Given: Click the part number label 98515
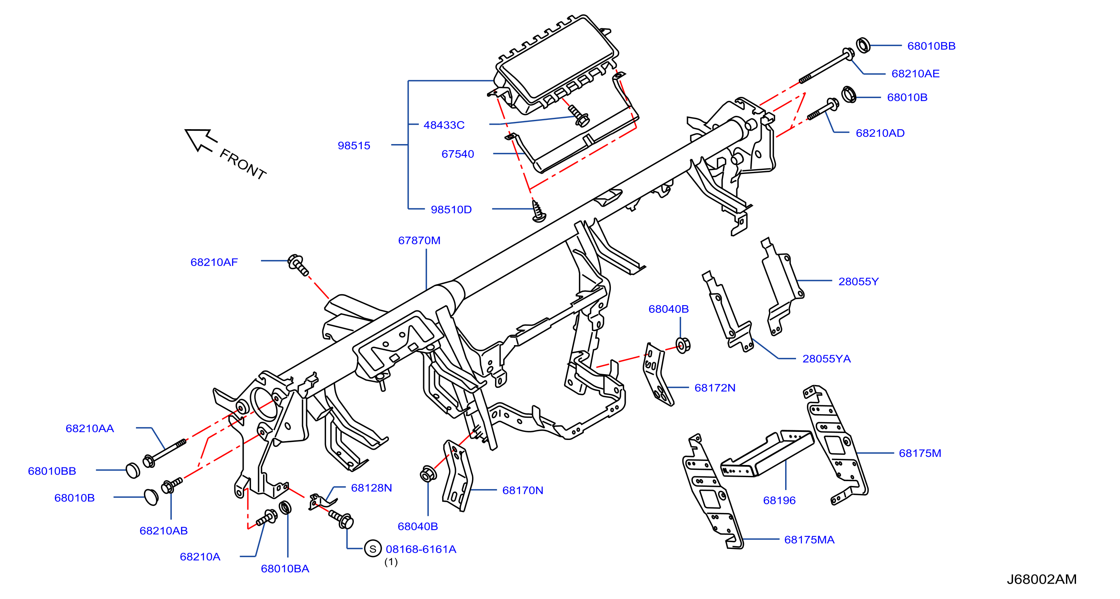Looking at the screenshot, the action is [x=354, y=145].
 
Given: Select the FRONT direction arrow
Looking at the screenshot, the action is [x=201, y=140].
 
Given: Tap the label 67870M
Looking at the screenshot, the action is [x=419, y=240].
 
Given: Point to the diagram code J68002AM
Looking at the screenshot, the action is [x=1041, y=579].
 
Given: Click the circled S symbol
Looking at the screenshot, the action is [x=373, y=549].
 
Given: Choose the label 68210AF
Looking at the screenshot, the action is [x=214, y=262].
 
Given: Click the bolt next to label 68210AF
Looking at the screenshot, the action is [x=299, y=265].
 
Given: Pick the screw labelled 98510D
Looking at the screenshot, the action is [x=538, y=211].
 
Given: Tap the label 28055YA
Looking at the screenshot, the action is [x=826, y=358].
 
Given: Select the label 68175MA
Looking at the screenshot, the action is [x=809, y=539].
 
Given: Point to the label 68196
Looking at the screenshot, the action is [x=779, y=500].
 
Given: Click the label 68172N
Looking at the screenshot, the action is [x=715, y=387].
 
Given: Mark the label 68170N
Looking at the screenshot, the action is [x=522, y=490].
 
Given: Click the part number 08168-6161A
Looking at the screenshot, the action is [x=421, y=549].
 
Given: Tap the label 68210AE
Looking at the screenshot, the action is [x=915, y=73].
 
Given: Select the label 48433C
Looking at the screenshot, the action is [x=444, y=125].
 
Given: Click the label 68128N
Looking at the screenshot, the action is [x=371, y=488].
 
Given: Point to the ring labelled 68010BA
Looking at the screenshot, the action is [x=285, y=507].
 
